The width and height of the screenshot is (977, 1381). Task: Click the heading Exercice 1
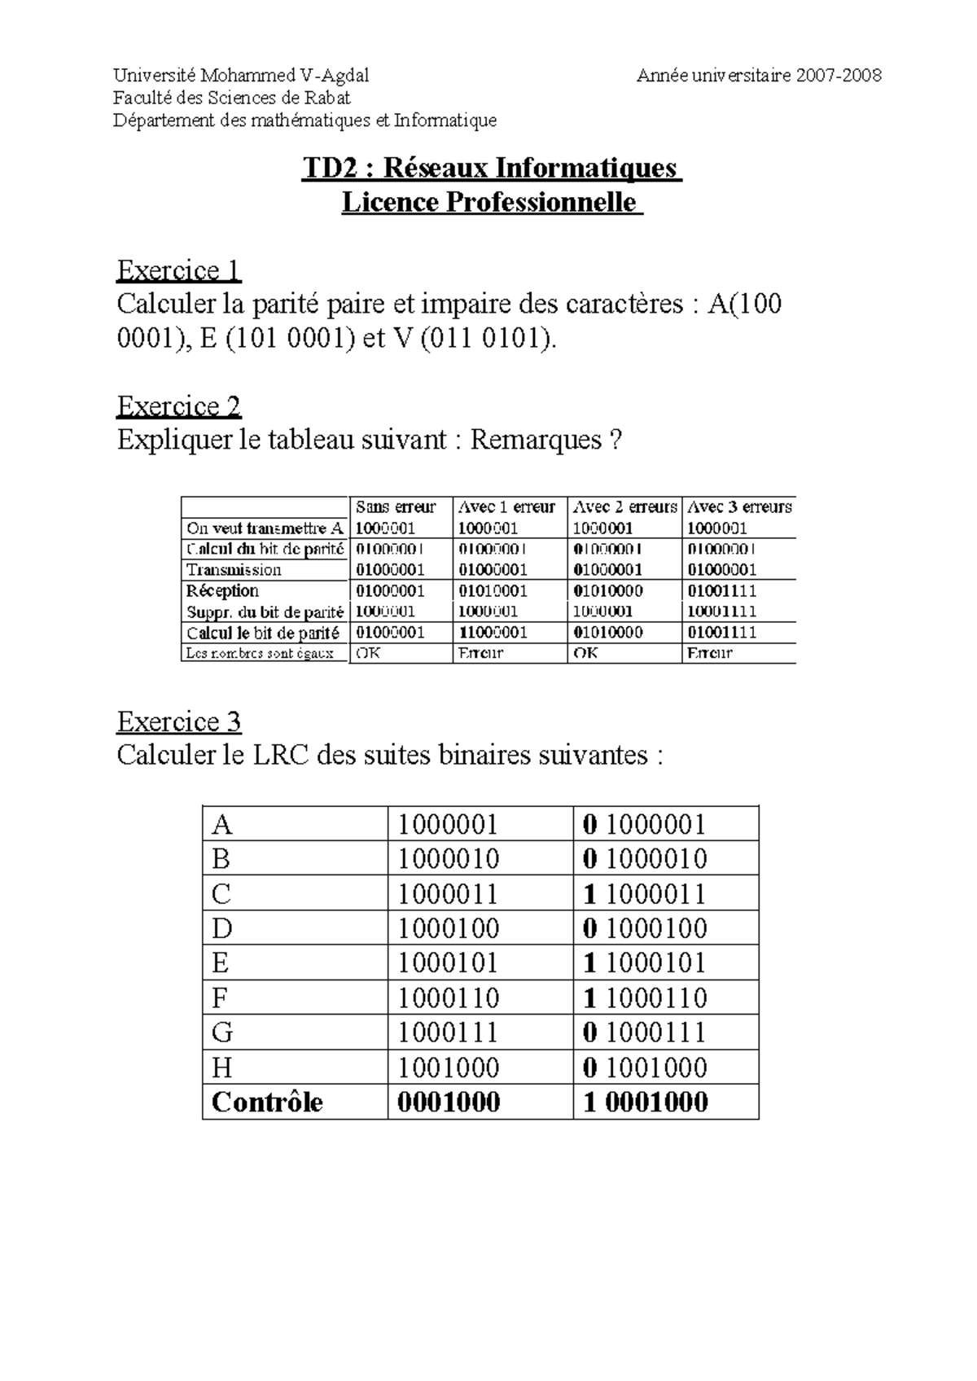click(x=179, y=270)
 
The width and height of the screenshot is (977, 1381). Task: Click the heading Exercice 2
click(x=179, y=406)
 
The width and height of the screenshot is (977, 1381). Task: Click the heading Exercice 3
click(x=179, y=721)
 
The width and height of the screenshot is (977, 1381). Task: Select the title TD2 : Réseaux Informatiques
click(x=490, y=168)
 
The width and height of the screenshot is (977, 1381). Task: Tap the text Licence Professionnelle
click(x=490, y=202)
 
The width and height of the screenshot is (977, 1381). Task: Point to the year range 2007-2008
click(x=839, y=76)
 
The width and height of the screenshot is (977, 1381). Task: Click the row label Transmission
click(x=234, y=570)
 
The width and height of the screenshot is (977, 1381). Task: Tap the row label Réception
click(x=222, y=590)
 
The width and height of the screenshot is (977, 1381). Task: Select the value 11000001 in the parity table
click(x=493, y=632)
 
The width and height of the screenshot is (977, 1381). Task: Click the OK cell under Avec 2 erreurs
click(x=585, y=653)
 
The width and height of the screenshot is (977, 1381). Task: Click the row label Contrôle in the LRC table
click(x=267, y=1103)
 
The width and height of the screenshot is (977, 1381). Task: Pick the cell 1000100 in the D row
click(x=448, y=928)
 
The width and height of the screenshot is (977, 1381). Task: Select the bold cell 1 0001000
click(x=646, y=1103)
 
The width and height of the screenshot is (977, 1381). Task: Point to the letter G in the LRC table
click(x=222, y=1032)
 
